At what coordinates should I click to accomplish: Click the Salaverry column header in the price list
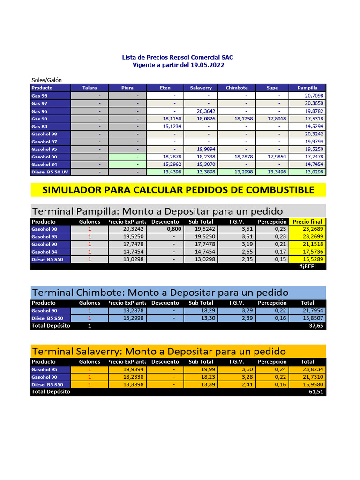201,88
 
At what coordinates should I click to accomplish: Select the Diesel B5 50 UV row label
50,172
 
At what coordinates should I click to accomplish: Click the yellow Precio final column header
307,222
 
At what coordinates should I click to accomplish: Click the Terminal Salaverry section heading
158,352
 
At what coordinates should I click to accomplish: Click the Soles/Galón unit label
46,80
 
